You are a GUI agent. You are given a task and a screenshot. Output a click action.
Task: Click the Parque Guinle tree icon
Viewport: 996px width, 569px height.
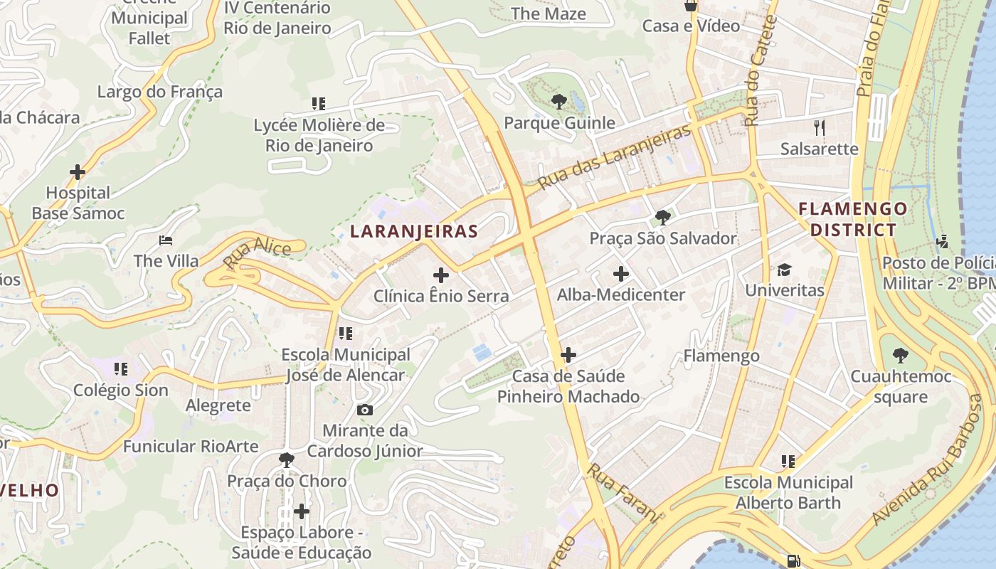(x=559, y=102)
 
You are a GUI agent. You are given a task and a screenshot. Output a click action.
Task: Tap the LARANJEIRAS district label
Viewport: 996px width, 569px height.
(x=414, y=231)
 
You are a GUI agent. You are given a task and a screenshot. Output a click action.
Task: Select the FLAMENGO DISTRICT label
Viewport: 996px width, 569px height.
(x=853, y=219)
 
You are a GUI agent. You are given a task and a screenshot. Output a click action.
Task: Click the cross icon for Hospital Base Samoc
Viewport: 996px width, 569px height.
(x=78, y=172)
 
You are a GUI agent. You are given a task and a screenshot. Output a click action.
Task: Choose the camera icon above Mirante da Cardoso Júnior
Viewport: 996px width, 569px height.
(x=364, y=410)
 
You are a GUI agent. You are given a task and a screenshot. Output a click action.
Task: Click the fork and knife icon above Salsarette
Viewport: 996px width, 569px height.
(x=820, y=128)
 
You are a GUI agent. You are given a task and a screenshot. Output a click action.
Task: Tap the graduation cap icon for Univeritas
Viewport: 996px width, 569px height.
(x=784, y=270)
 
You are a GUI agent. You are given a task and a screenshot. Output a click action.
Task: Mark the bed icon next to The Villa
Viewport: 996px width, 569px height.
(x=166, y=240)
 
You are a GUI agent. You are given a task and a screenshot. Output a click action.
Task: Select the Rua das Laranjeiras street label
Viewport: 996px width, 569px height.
(x=614, y=157)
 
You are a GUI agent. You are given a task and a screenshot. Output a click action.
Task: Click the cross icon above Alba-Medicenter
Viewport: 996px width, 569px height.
(x=621, y=273)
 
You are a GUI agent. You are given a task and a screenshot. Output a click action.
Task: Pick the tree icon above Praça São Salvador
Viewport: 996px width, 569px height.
(x=663, y=217)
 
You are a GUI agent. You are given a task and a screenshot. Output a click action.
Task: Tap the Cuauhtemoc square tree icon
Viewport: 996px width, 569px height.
(x=901, y=355)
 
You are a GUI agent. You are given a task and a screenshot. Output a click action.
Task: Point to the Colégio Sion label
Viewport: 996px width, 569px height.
(x=121, y=390)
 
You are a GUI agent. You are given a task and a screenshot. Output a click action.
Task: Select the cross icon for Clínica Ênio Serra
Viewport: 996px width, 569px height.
(x=441, y=275)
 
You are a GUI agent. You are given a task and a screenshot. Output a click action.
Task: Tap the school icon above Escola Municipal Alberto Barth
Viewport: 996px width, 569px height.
(x=788, y=462)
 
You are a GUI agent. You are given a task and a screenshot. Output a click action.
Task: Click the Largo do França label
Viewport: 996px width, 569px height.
(x=159, y=92)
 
